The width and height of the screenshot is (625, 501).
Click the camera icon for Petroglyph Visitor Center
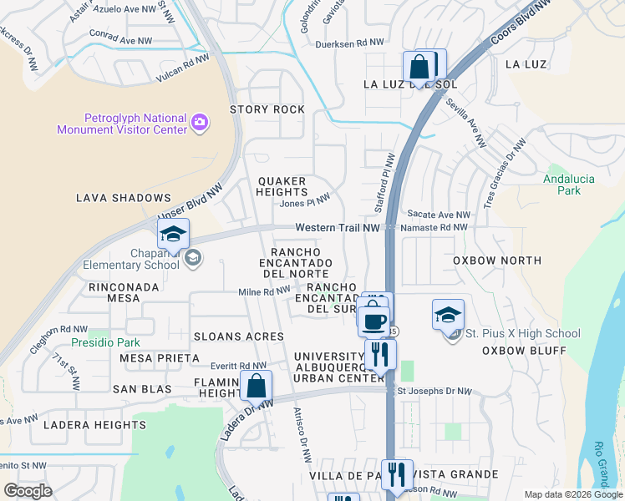click(200, 123)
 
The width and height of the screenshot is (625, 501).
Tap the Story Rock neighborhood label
click(267, 109)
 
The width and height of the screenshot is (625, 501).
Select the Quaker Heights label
click(282, 186)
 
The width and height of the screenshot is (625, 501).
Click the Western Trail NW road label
click(338, 228)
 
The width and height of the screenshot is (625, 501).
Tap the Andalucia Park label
click(561, 184)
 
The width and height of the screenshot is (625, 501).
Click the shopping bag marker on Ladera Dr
click(257, 386)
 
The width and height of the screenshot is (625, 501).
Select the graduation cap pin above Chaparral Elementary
click(173, 234)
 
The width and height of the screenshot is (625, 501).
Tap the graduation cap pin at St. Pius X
click(448, 316)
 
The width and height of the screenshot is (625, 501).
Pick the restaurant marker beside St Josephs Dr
click(380, 353)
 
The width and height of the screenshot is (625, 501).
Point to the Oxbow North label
click(497, 261)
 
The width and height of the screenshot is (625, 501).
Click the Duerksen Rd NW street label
click(349, 43)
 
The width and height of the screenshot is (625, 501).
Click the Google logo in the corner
click(28, 490)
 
